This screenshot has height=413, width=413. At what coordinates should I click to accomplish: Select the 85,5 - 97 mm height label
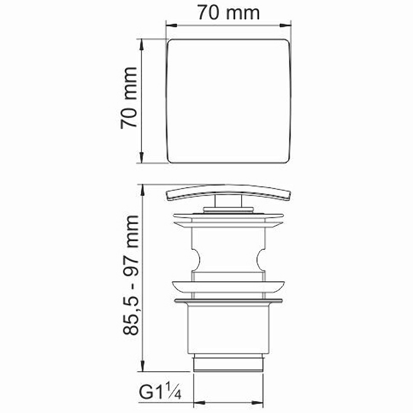[x=129, y=276]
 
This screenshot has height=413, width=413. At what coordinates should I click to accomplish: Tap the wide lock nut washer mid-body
[x=229, y=288]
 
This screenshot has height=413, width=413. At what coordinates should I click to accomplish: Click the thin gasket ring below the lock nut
[x=229, y=299]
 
